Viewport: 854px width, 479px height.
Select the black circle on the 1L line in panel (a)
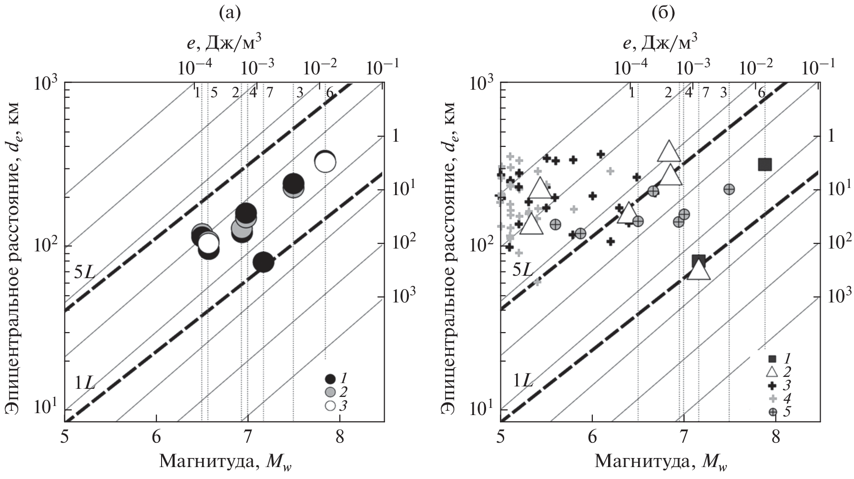pos(263,261)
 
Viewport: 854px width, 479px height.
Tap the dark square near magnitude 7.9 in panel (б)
pos(765,165)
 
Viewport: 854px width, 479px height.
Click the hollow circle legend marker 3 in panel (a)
pos(330,406)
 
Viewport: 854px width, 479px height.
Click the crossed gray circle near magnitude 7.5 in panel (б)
pos(729,189)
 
